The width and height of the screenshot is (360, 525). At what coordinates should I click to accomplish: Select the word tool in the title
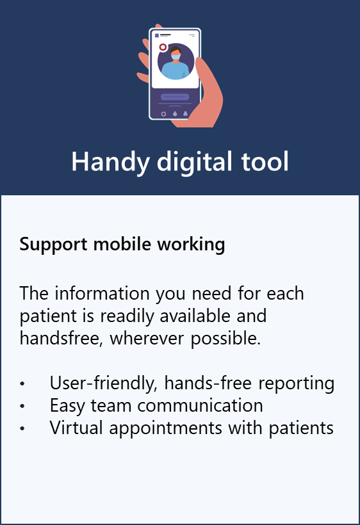click(265, 162)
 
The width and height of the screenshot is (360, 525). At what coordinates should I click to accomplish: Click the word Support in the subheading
click(53, 245)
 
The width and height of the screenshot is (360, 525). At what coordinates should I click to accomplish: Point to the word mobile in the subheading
click(122, 244)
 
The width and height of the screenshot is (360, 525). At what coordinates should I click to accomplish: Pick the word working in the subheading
click(192, 245)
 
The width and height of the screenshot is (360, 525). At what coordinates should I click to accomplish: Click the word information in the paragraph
click(102, 293)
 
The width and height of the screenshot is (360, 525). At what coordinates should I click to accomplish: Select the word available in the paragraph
click(195, 316)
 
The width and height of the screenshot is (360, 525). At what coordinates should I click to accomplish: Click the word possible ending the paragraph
click(225, 339)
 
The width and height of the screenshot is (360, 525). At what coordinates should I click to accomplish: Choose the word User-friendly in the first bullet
click(104, 384)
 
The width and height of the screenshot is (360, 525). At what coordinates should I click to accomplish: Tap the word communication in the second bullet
click(200, 405)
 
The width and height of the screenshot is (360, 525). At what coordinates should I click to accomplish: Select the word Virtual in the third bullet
click(76, 428)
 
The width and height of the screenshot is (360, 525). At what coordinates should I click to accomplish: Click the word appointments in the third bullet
click(166, 429)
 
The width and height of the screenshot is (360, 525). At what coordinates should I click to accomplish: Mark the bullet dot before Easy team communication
click(22, 406)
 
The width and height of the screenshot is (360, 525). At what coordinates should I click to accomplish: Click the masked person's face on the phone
click(176, 55)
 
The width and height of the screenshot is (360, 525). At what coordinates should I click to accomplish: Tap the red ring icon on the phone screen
click(163, 47)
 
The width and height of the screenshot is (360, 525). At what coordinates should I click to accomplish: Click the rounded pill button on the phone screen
click(175, 97)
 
